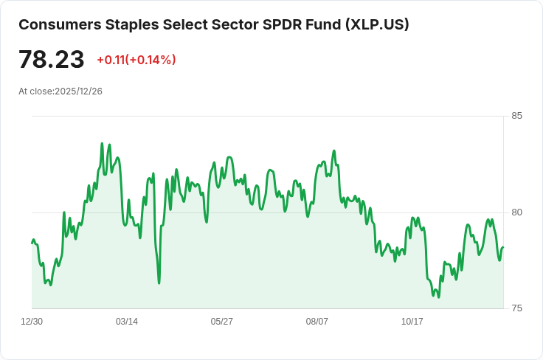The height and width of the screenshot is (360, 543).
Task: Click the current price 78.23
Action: click(x=51, y=60)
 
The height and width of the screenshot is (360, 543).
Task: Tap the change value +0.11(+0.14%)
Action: click(x=136, y=60)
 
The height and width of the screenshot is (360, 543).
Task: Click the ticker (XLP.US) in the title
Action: click(x=376, y=24)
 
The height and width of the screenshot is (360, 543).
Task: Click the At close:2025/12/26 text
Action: click(x=60, y=91)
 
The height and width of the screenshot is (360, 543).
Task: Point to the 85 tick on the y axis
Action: click(x=516, y=116)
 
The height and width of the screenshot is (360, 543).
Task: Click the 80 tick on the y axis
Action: click(x=516, y=212)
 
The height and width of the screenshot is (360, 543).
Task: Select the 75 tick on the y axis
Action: click(x=516, y=308)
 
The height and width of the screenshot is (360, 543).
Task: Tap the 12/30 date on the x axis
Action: click(x=32, y=322)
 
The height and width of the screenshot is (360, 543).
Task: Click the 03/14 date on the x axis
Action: click(x=127, y=322)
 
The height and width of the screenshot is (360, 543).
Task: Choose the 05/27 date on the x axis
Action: click(x=222, y=322)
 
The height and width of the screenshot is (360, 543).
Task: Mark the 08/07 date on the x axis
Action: click(x=317, y=322)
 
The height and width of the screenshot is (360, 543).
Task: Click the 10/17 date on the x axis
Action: click(x=412, y=322)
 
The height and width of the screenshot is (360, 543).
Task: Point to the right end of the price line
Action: click(x=502, y=248)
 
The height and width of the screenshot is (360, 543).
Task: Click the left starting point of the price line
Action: click(x=32, y=243)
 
